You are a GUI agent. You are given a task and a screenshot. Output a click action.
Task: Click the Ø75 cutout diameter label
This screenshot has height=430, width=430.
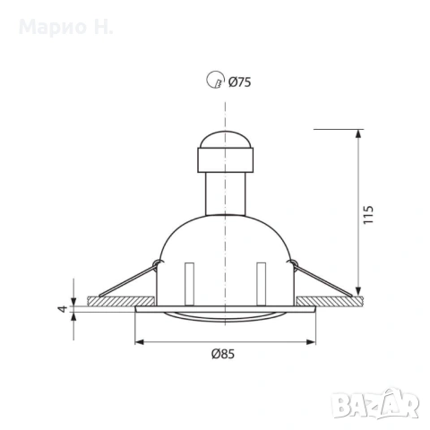tap(240, 82)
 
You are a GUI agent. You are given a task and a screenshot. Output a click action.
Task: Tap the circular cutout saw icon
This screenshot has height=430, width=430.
tap(215, 80)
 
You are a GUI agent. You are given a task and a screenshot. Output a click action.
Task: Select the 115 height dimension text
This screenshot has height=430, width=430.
tap(368, 214)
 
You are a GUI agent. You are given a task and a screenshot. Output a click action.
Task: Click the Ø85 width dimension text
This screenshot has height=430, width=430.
tap(223, 354)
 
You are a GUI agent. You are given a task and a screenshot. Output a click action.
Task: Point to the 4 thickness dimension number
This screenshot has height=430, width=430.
tap(63, 309)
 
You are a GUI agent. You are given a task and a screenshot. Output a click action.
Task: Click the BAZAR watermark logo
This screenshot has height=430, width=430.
tap(375, 403)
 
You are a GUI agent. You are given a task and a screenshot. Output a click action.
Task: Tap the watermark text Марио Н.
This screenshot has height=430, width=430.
tap(66, 27)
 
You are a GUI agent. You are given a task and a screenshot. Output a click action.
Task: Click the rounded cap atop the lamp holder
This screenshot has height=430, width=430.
tap(226, 139)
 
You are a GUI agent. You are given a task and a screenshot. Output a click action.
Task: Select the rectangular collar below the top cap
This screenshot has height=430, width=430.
tap(226, 159)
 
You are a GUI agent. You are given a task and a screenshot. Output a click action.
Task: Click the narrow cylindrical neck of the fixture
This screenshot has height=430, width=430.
tap(226, 193)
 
